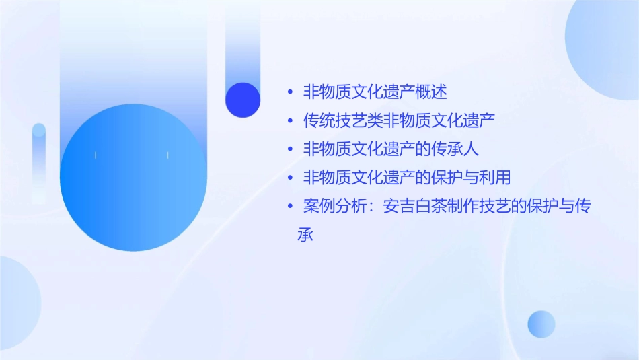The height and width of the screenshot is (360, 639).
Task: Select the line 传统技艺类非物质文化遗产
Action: tap(399, 120)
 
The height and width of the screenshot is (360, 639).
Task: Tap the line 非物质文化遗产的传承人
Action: tap(391, 149)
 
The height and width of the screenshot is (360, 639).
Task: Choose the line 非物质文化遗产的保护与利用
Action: tap(407, 178)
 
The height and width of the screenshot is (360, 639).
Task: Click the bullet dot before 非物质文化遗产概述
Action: tap(289, 92)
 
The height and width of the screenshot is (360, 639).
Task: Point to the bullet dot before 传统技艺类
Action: tap(289, 121)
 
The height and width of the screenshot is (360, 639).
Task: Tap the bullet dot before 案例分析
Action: tap(289, 207)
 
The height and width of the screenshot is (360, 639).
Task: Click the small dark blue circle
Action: tap(243, 100)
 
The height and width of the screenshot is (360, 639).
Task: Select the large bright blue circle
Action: tap(133, 178)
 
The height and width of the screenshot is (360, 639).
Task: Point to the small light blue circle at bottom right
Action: tap(541, 324)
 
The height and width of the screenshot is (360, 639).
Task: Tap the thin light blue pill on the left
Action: tap(39, 161)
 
